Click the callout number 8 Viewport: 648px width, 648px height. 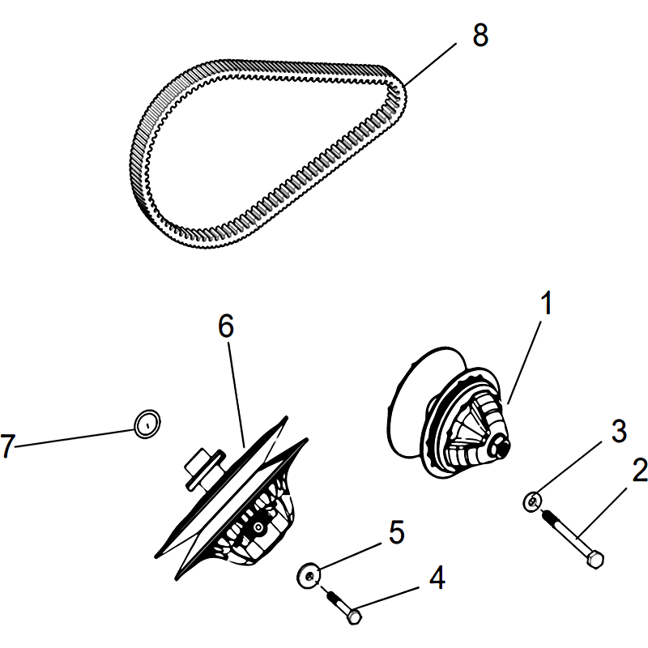pos(480,35)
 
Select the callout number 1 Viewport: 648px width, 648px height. pos(546,303)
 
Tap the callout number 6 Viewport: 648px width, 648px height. pos(226,326)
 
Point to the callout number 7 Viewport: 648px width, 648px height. pos(8,446)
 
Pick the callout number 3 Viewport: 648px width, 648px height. pos(619,432)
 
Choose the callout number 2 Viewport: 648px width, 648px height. pos(640,470)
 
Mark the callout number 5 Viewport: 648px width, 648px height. pos(396,532)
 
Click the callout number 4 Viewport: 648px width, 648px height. pos(437,578)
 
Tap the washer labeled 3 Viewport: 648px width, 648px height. pos(532,502)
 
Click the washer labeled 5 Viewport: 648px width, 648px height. pos(309,575)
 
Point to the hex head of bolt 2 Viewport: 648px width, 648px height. pos(595,560)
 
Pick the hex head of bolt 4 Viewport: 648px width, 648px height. pos(355,616)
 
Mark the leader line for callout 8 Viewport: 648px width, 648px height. pos(430,64)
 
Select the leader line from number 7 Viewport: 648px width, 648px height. pos(75,438)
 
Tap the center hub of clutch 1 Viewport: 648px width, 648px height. pos(501,448)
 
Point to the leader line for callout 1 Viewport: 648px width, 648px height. pos(524,362)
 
